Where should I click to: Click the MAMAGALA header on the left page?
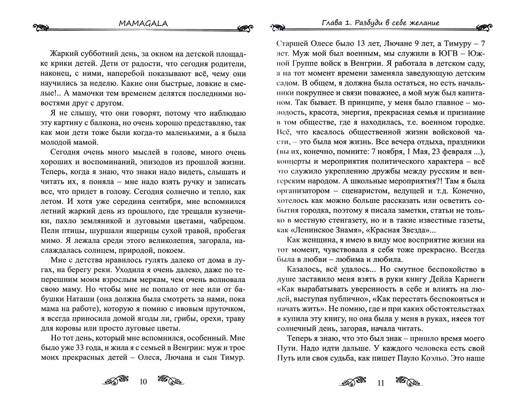[x=143, y=23]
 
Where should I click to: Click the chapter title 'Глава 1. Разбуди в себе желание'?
[x=380, y=23]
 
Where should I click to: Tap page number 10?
[x=143, y=382]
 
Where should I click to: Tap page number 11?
[x=381, y=383]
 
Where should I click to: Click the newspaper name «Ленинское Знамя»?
[x=325, y=230]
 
